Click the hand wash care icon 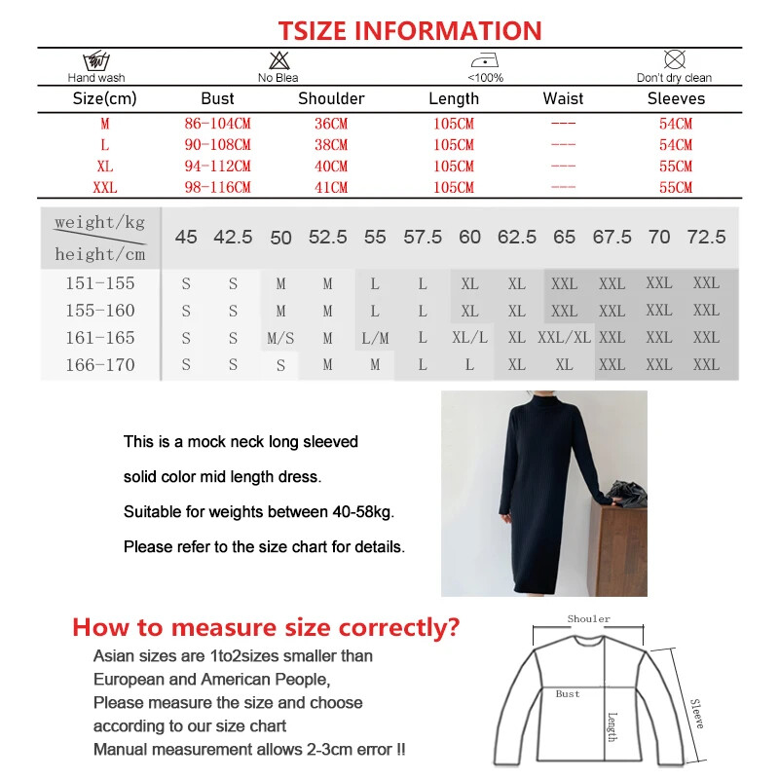[95, 61]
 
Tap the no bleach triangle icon [278, 60]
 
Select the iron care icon [485, 60]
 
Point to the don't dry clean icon [674, 60]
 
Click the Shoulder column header [331, 98]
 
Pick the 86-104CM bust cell [217, 124]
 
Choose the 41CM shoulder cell [331, 187]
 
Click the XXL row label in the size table [105, 187]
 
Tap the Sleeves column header [676, 98]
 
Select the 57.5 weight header [423, 237]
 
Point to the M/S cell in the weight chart [280, 338]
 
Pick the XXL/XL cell [564, 338]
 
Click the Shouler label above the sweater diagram [589, 619]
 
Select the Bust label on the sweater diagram [568, 694]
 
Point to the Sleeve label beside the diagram [696, 714]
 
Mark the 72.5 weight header [706, 237]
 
